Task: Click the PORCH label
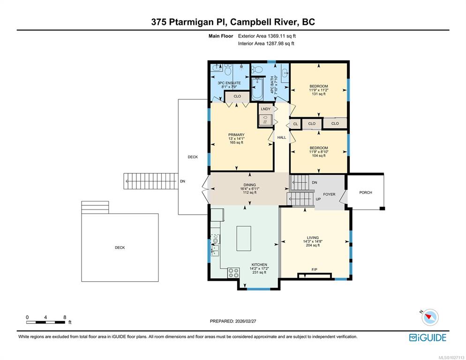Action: (x=366, y=193)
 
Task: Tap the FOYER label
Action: (x=329, y=195)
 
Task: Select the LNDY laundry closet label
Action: (x=266, y=109)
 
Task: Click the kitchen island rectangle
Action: (x=244, y=239)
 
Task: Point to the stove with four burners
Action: (x=233, y=273)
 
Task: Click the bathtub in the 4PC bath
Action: (x=257, y=89)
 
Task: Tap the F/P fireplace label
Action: (x=315, y=270)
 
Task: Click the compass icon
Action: (x=430, y=317)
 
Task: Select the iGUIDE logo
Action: (x=428, y=337)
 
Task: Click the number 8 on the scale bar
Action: (x=65, y=317)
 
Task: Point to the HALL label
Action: (x=282, y=137)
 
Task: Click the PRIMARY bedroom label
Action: (x=236, y=135)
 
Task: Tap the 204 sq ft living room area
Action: (x=313, y=246)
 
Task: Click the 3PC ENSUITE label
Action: (x=229, y=83)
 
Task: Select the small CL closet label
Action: (x=295, y=124)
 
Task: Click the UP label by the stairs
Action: (x=318, y=199)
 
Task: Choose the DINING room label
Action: (x=249, y=185)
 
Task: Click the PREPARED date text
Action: (x=233, y=321)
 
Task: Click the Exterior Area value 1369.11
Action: (x=277, y=36)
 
